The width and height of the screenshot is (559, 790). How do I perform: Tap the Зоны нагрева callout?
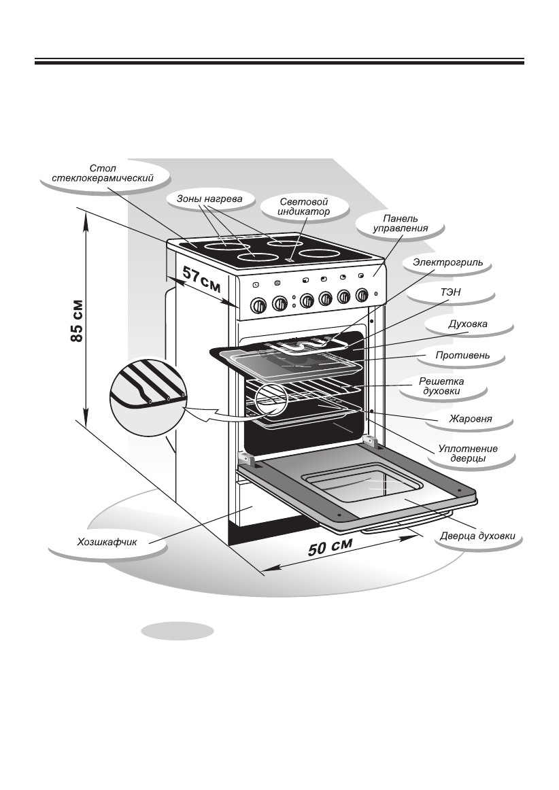tap(204, 199)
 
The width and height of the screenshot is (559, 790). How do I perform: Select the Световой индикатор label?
tap(304, 207)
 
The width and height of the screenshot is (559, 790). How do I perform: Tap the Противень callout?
tap(462, 355)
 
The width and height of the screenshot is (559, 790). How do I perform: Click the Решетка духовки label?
tap(443, 386)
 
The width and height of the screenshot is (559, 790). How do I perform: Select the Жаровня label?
tap(470, 419)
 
